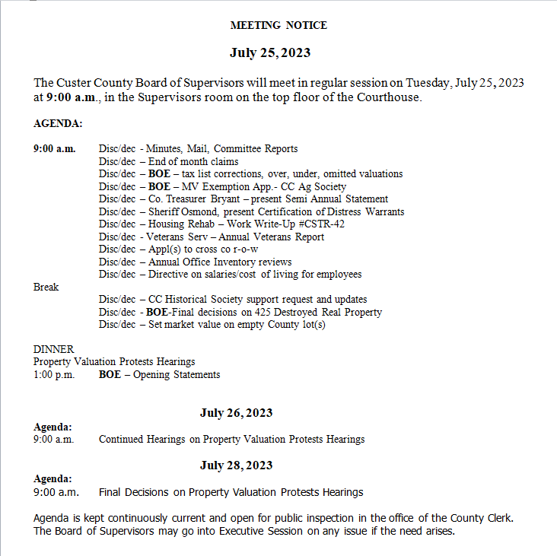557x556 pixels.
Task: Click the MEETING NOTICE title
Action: [278, 25]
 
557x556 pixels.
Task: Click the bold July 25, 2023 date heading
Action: [270, 53]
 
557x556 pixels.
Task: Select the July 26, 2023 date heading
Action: [236, 413]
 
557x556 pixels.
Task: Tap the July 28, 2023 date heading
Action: [236, 465]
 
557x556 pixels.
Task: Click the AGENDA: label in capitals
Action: [58, 123]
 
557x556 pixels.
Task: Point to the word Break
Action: [46, 287]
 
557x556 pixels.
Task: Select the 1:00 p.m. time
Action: [54, 374]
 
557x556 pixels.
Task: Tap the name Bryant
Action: [231, 199]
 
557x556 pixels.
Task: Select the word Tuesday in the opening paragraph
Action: [428, 82]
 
